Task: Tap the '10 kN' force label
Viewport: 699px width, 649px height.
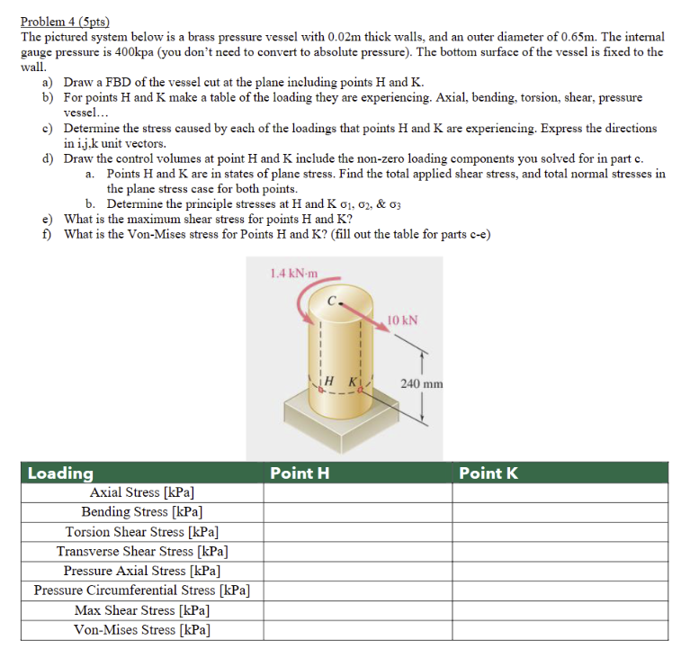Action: (401, 320)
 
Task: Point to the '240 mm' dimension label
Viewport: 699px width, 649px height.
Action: (423, 383)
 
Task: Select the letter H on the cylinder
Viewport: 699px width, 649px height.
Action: (328, 381)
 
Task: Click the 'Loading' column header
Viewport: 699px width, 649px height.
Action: (60, 473)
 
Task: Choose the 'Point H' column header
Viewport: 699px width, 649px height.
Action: (300, 473)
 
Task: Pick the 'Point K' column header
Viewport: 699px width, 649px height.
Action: (488, 473)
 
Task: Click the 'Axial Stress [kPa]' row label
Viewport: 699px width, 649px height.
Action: (142, 492)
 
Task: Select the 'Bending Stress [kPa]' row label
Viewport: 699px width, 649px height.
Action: (142, 512)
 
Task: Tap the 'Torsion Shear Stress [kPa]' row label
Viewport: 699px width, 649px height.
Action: (142, 532)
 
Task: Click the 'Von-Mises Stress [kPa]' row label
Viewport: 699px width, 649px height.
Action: (142, 629)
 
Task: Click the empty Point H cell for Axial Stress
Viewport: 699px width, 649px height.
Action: (357, 492)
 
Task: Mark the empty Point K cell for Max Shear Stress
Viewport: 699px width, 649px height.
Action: (560, 609)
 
